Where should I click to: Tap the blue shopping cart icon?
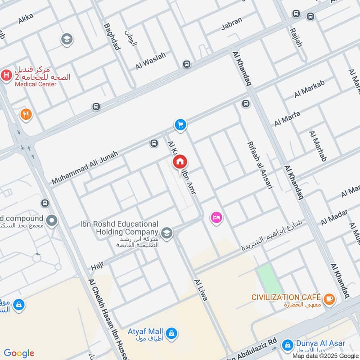pos(180,125)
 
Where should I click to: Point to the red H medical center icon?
pos(6,75)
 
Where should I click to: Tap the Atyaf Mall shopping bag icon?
pos(171,333)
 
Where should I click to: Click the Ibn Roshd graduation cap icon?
pos(167,233)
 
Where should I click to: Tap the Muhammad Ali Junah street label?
pos(85,167)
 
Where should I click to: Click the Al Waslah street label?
pos(151,61)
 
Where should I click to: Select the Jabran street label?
pos(232,24)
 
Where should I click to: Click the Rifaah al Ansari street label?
pos(260,165)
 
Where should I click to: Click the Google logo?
pos(19,353)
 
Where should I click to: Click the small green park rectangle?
pos(267,278)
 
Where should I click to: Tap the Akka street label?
pos(26,20)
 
